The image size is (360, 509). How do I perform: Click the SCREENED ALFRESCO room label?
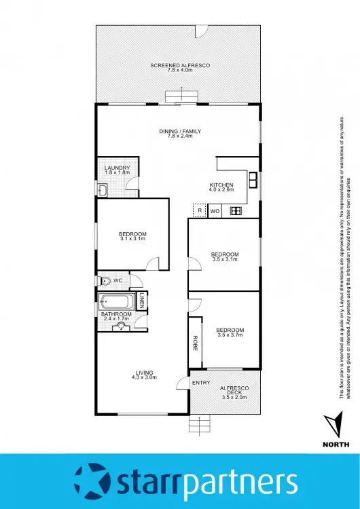180,64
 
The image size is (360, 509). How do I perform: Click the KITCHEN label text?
221,185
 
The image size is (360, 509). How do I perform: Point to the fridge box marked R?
199,211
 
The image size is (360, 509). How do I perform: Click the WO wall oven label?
215,211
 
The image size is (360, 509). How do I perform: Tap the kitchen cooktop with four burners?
236,211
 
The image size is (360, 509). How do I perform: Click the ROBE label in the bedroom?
195,343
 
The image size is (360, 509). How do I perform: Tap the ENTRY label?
201,383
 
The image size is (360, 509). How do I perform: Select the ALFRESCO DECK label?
236,391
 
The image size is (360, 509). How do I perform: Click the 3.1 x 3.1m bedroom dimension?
133,239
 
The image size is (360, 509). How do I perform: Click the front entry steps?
199,425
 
